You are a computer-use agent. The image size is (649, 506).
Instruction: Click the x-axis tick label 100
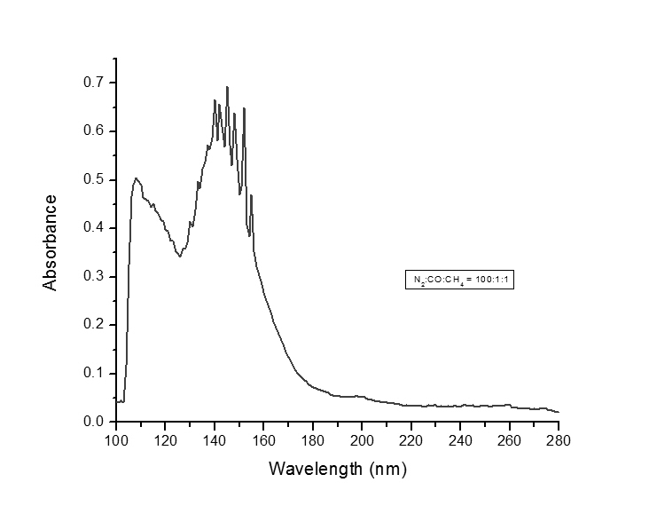point(115,439)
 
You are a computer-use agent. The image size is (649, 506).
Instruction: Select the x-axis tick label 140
point(214,439)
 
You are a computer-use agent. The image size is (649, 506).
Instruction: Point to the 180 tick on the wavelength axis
point(312,439)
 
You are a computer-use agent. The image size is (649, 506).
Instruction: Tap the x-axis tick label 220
point(411,439)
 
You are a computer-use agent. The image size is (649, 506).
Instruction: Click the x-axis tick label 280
point(559,439)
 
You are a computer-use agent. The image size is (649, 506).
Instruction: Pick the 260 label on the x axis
point(509,439)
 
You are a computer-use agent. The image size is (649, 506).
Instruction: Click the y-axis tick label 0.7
point(93,83)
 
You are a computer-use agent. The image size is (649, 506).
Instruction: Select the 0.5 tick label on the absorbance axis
point(93,179)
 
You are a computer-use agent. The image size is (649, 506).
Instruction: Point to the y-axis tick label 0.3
point(93,276)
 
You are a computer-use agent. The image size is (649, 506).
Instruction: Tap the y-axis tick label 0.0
point(93,422)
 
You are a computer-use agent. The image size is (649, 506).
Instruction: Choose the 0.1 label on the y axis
point(93,373)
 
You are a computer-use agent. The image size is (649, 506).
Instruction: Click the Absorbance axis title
point(51,242)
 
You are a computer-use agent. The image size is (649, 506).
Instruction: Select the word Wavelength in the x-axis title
point(314,468)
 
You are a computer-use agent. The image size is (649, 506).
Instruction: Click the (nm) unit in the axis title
point(386,468)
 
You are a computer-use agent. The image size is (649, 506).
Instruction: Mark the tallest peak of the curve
point(227,87)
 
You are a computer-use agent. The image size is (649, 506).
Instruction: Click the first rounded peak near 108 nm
point(136,178)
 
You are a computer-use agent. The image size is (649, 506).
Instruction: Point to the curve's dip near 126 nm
point(180,257)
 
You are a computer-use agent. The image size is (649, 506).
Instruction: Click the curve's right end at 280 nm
point(559,412)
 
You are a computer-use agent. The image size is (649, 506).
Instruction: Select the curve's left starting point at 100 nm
point(116,400)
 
